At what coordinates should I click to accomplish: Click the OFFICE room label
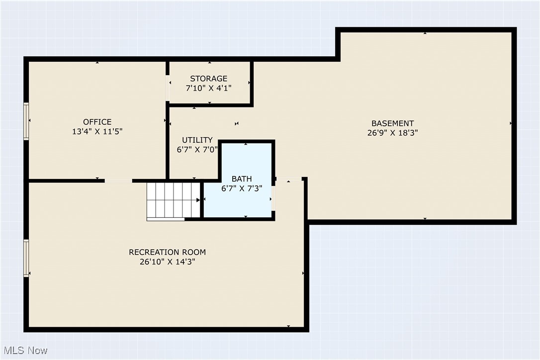pyautogui.click(x=97, y=122)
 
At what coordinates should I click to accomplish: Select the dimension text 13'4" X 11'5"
pyautogui.click(x=97, y=132)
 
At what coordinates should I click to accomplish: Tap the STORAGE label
pyautogui.click(x=208, y=79)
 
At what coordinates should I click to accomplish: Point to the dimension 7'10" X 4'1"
pyautogui.click(x=208, y=88)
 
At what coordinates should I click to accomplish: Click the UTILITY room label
pyautogui.click(x=197, y=140)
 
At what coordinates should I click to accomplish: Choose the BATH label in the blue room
pyautogui.click(x=242, y=179)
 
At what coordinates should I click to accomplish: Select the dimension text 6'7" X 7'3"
pyautogui.click(x=242, y=188)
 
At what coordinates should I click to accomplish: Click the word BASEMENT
pyautogui.click(x=392, y=123)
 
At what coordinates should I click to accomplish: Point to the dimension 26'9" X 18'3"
pyautogui.click(x=392, y=133)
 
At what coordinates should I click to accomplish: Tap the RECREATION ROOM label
pyautogui.click(x=167, y=252)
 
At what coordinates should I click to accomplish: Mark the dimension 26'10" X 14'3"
pyautogui.click(x=167, y=262)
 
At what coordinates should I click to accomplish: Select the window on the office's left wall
pyautogui.click(x=26, y=121)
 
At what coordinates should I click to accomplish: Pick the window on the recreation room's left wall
pyautogui.click(x=26, y=258)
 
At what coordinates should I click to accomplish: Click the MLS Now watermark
pyautogui.click(x=24, y=351)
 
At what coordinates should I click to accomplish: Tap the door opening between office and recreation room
pyautogui.click(x=118, y=180)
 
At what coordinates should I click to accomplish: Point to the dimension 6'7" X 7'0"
pyautogui.click(x=197, y=149)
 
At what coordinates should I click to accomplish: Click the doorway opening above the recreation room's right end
pyautogui.click(x=289, y=179)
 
